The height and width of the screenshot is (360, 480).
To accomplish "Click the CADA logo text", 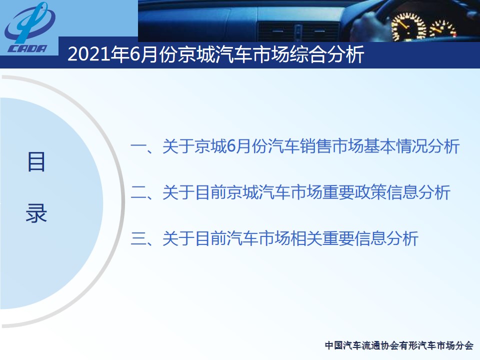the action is [x=27, y=48].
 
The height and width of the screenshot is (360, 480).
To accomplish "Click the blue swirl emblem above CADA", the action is [x=29, y=23].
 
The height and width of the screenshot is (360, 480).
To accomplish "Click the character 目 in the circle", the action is [x=36, y=161].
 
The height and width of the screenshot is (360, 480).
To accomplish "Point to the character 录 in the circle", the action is [x=36, y=213].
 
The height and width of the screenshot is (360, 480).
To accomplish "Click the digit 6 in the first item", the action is [x=231, y=146].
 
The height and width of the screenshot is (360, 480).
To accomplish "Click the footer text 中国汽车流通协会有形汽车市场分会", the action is [x=399, y=345].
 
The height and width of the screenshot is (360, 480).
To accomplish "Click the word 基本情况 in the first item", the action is [x=395, y=146].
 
